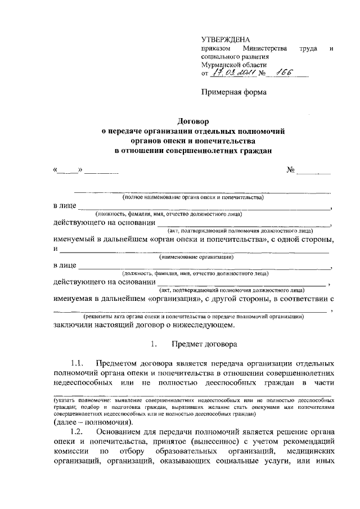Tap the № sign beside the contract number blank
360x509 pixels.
point(291,169)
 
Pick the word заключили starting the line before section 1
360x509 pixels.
point(75,325)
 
